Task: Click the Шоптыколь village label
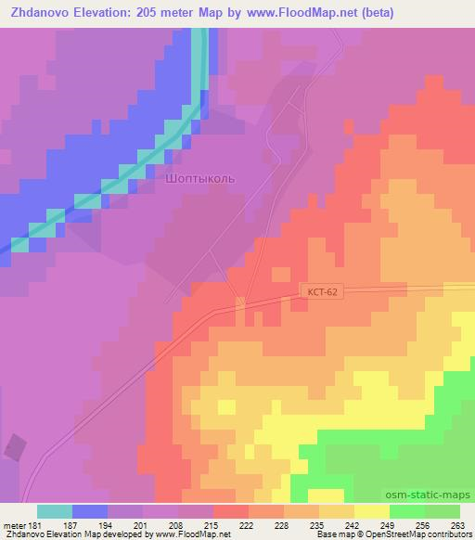pyautogui.click(x=205, y=175)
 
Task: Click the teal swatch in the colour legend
pyautogui.click(x=55, y=511)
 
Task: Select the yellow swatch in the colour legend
pyautogui.click(x=372, y=511)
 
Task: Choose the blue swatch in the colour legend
pyautogui.click(x=90, y=511)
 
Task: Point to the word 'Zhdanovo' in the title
pyautogui.click(x=44, y=13)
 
